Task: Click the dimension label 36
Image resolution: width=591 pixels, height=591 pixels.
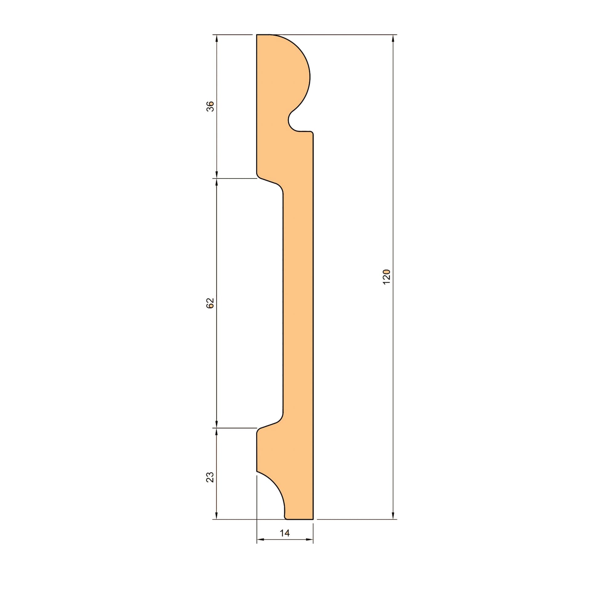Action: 210,106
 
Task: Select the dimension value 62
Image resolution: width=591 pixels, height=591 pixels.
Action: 210,303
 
